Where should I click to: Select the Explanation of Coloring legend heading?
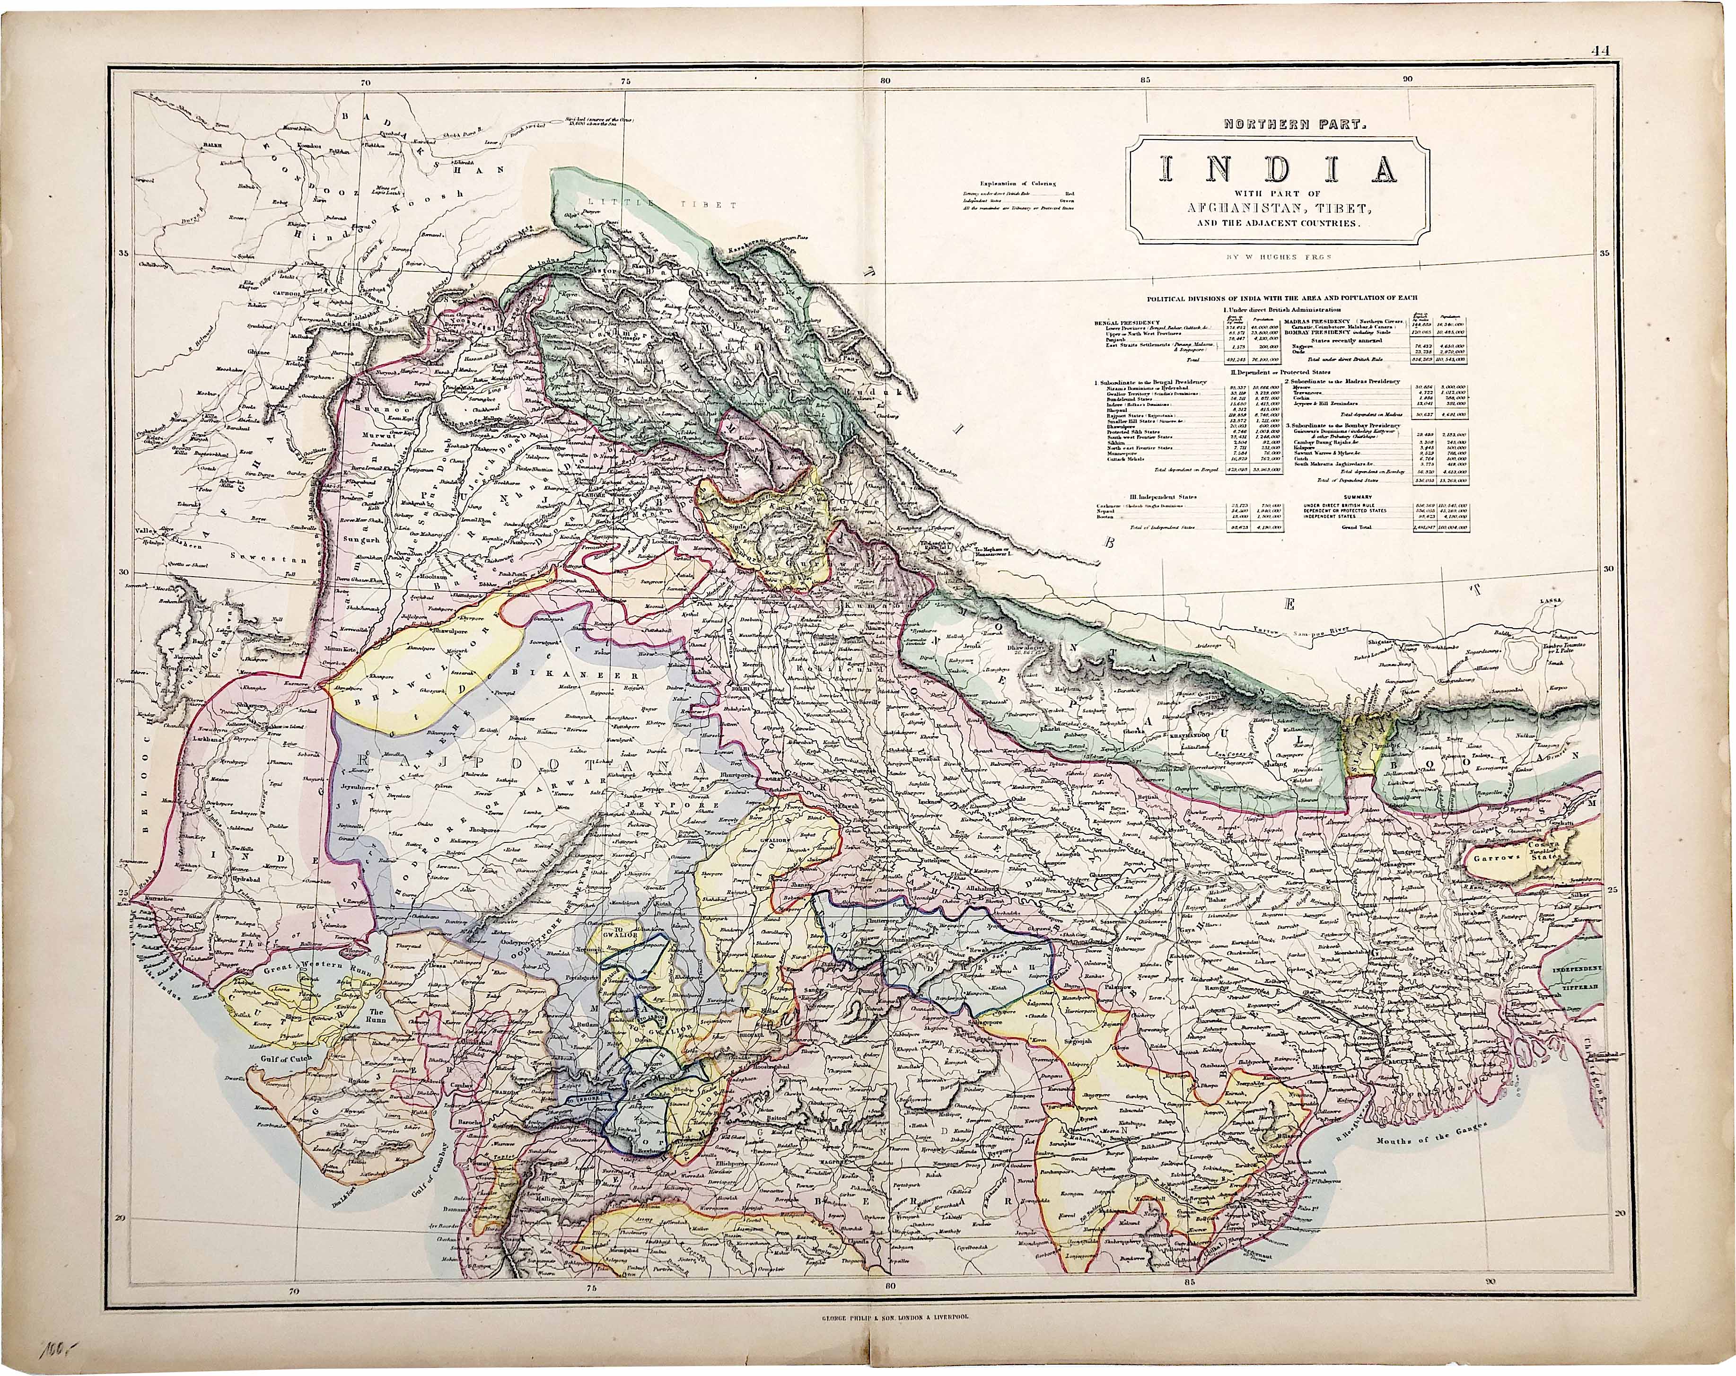(x=1017, y=184)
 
